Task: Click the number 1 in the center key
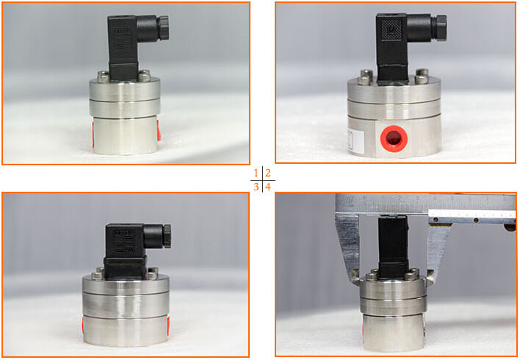[x=256, y=173]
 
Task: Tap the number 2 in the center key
[x=269, y=173]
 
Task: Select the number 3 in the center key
[x=256, y=187]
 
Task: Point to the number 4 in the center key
[x=269, y=187]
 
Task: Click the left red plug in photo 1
[x=93, y=133]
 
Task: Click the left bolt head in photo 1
[x=101, y=75]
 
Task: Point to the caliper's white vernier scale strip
[x=470, y=216]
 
